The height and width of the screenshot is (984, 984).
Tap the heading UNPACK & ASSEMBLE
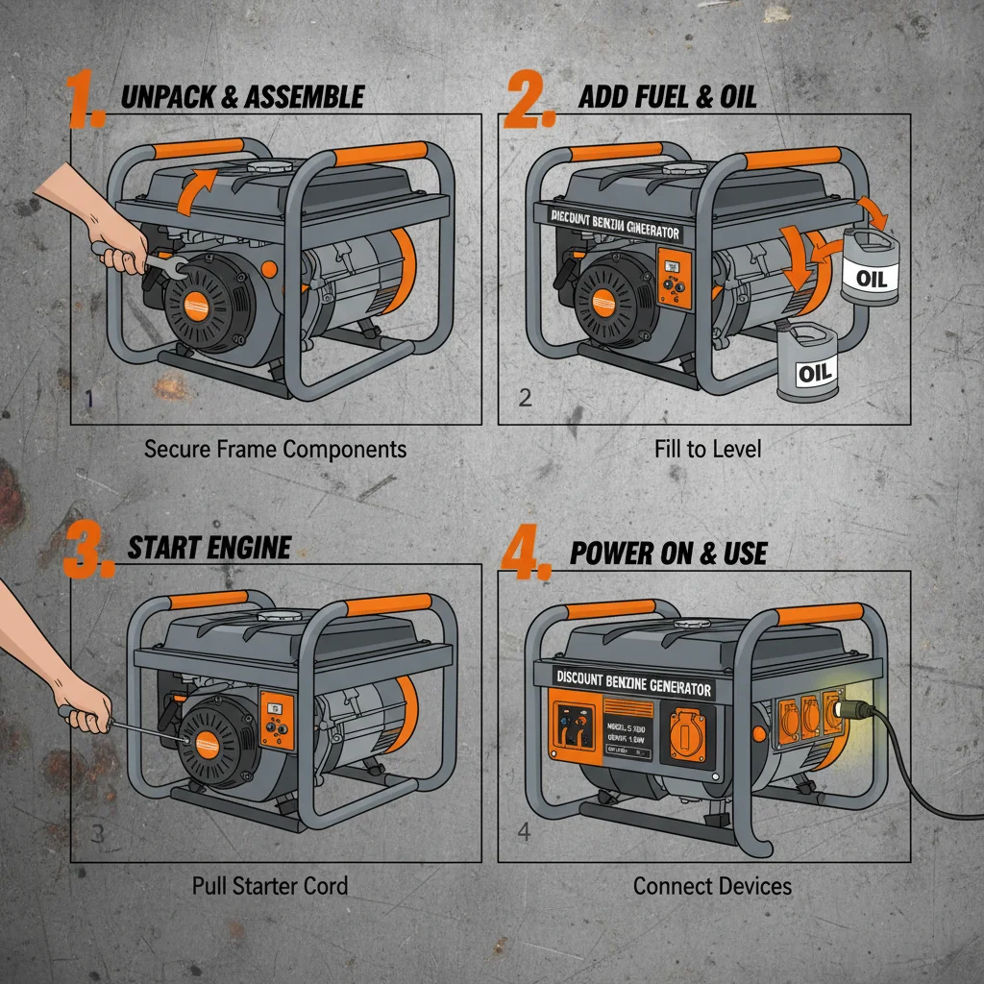tap(242, 96)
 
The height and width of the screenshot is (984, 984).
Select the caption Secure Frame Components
tap(275, 449)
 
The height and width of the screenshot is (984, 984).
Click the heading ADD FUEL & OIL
tap(668, 96)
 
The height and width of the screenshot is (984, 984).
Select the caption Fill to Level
tap(707, 449)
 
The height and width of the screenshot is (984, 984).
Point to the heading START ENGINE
tap(209, 548)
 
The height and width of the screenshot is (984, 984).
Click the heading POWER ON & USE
tap(668, 553)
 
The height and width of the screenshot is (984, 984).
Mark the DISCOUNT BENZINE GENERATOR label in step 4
tap(633, 683)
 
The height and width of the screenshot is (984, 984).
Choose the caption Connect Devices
tap(712, 885)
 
